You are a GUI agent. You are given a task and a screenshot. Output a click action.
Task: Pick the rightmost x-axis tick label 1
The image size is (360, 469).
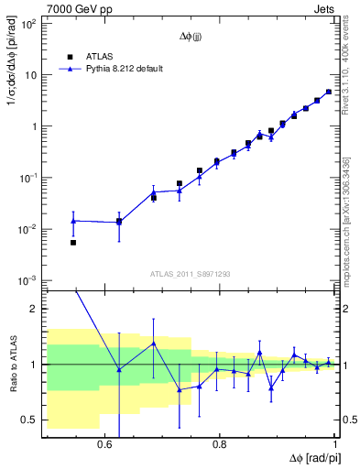pyautogui.click(x=336, y=444)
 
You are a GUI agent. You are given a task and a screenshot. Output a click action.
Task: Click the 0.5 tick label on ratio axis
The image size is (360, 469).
pyautogui.click(x=30, y=420)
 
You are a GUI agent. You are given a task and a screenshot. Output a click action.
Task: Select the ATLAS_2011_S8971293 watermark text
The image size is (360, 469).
pyautogui.click(x=191, y=274)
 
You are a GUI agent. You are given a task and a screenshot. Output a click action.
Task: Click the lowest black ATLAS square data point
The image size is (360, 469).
pyautogui.click(x=73, y=243)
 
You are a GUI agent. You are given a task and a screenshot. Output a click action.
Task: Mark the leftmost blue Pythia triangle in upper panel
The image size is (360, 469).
pyautogui.click(x=73, y=221)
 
